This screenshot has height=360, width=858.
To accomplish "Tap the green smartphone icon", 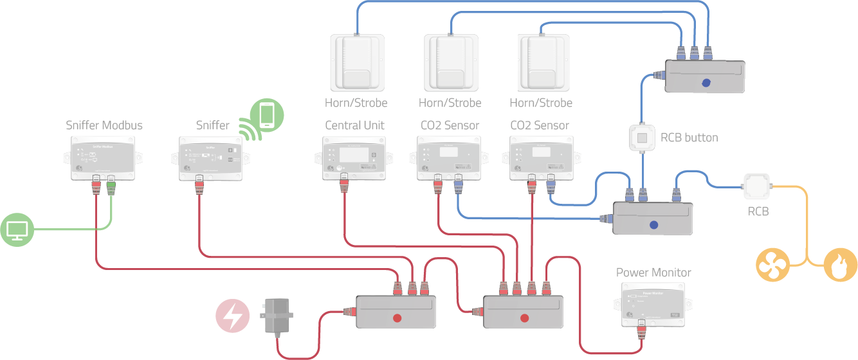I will coord(266,115).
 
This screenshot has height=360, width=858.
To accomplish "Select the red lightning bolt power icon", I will coord(233,316).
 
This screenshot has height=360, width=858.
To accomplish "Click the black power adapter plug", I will coord(278,316).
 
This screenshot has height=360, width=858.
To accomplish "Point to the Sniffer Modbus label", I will coord(104,125).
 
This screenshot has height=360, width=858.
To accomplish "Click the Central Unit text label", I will coord(354,125).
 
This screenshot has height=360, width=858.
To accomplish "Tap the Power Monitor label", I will coord(653,273).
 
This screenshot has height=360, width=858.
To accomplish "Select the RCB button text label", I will coord(689,137).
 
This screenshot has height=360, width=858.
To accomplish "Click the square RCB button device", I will coord(642,138).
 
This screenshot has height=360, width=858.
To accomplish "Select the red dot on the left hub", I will coord(397,318).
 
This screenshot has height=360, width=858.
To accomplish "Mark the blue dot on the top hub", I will coord(706,82).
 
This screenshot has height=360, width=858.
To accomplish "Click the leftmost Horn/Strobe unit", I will coord(355,62).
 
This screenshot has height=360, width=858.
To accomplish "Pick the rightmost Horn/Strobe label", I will coord(540,102).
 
